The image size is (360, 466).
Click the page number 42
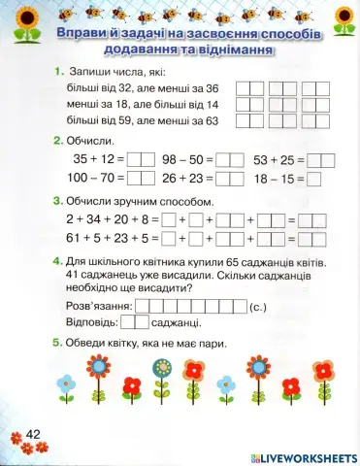pyautogui.click(x=32, y=433)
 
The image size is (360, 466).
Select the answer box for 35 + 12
pyautogui.click(x=142, y=159)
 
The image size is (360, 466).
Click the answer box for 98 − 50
pyautogui.click(x=230, y=159)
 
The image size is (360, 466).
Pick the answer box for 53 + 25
pyautogui.click(x=320, y=159)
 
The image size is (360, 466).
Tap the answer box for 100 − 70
pyautogui.click(x=142, y=178)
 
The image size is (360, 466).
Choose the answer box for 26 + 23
pyautogui.click(x=230, y=178)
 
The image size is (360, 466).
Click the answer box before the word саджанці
pyautogui.click(x=135, y=323)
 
